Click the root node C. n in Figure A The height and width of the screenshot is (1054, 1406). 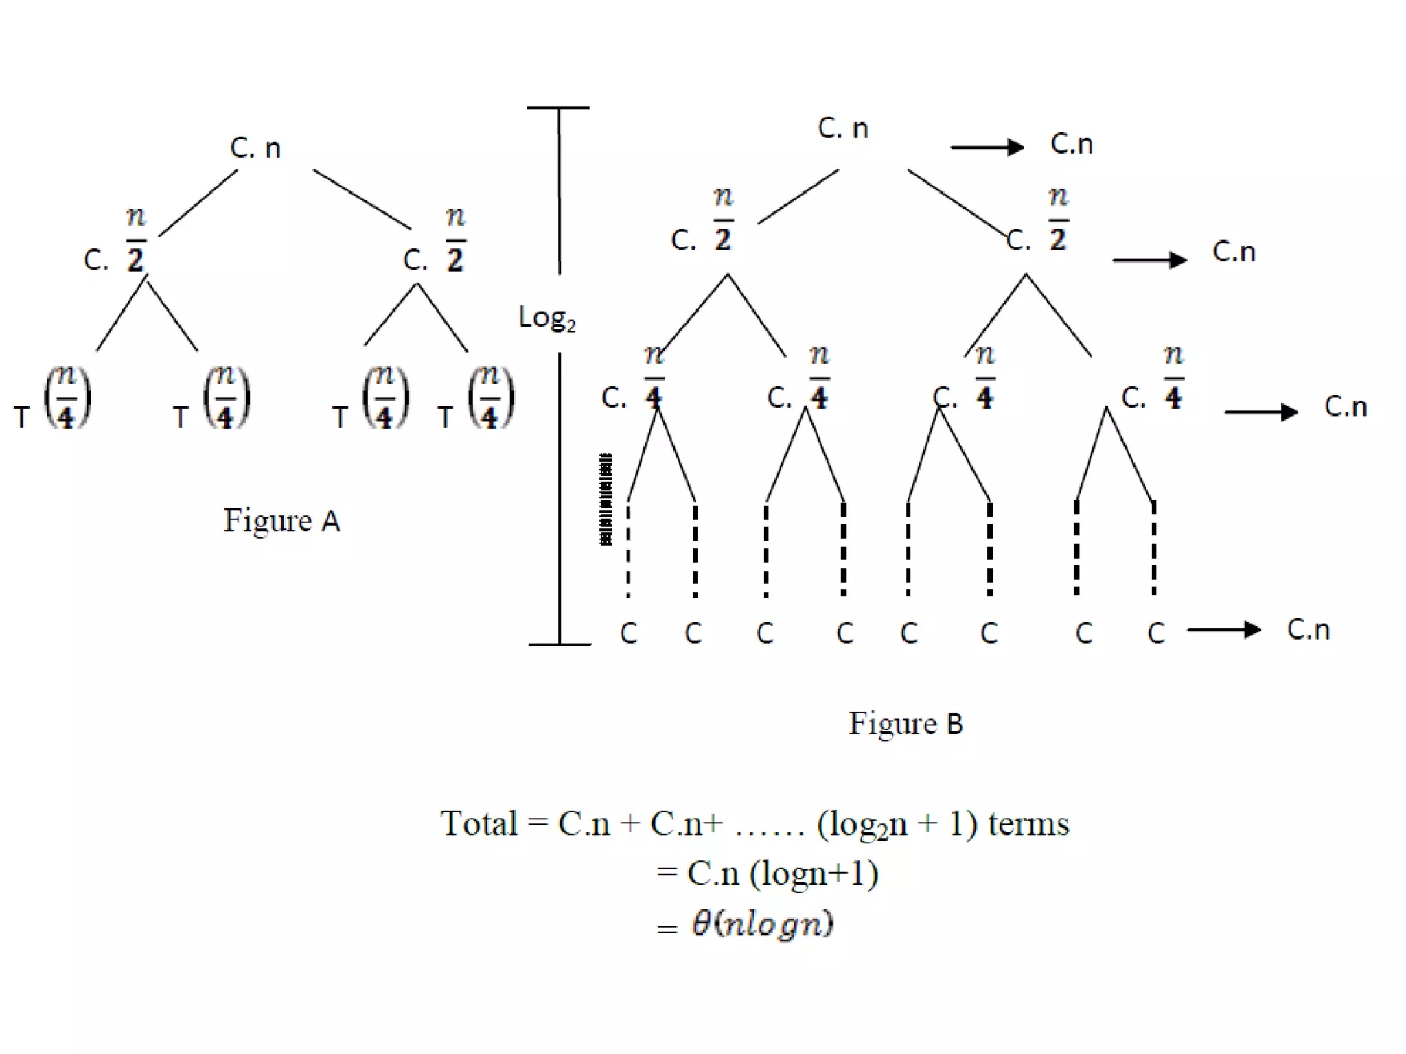tap(255, 148)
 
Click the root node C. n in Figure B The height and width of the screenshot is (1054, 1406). tap(843, 128)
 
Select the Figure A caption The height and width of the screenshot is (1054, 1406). tap(281, 521)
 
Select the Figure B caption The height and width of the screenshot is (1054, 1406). tap(906, 724)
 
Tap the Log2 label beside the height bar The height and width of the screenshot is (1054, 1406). tap(546, 318)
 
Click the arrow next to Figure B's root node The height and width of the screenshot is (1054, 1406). tap(987, 147)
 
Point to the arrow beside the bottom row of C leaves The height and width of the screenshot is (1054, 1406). tap(1223, 630)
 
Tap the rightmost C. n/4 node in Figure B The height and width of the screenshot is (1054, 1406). tap(1153, 381)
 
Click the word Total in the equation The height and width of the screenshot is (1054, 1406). tap(479, 823)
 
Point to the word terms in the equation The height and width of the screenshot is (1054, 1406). tap(1028, 823)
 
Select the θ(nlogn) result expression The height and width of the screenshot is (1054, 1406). tap(762, 924)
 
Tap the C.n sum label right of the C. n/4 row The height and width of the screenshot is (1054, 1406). tap(1346, 407)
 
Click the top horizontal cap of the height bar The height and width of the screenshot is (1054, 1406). tap(558, 108)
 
